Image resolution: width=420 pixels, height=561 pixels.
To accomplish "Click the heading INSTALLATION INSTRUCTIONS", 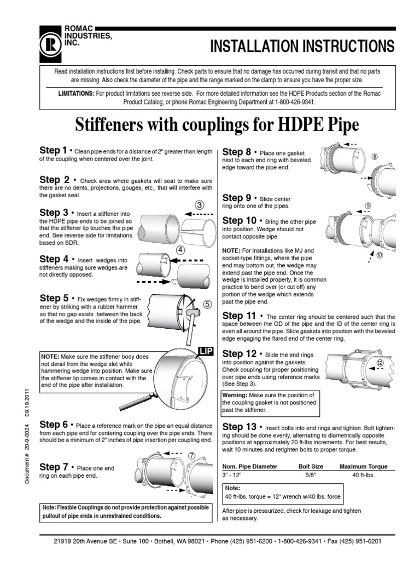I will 302,46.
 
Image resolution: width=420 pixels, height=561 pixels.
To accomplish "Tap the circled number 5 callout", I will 207,304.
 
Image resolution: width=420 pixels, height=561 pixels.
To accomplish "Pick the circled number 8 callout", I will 375,157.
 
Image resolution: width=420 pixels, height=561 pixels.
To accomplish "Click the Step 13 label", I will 240,426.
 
